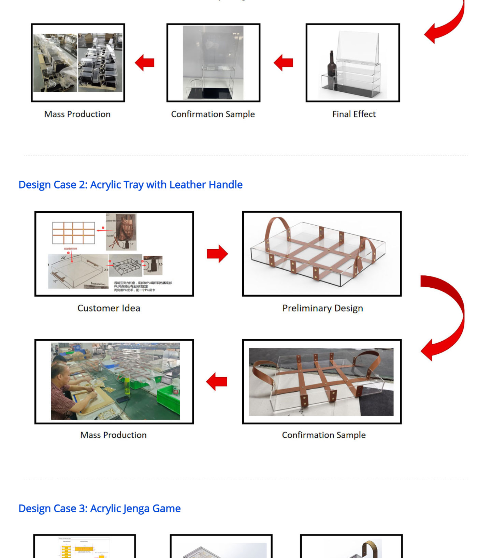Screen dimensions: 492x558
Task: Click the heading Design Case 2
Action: tap(130, 185)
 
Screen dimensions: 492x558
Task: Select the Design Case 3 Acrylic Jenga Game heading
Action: tap(99, 509)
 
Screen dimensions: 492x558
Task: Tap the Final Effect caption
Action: tap(354, 114)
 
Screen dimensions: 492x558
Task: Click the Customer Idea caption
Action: tap(109, 308)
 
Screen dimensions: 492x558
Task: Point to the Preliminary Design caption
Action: tap(322, 308)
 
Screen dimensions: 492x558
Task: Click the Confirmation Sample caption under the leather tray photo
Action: tap(324, 435)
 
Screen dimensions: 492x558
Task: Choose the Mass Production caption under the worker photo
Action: tap(113, 435)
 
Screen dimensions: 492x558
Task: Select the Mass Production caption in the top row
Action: tap(77, 114)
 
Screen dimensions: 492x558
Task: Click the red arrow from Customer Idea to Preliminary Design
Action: tap(217, 254)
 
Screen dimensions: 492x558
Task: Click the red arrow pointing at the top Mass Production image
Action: tap(145, 63)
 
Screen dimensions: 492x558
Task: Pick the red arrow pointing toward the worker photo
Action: tap(217, 381)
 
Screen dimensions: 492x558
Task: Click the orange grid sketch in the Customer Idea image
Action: tap(73, 233)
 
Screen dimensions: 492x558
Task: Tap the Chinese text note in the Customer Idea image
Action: tap(143, 286)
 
